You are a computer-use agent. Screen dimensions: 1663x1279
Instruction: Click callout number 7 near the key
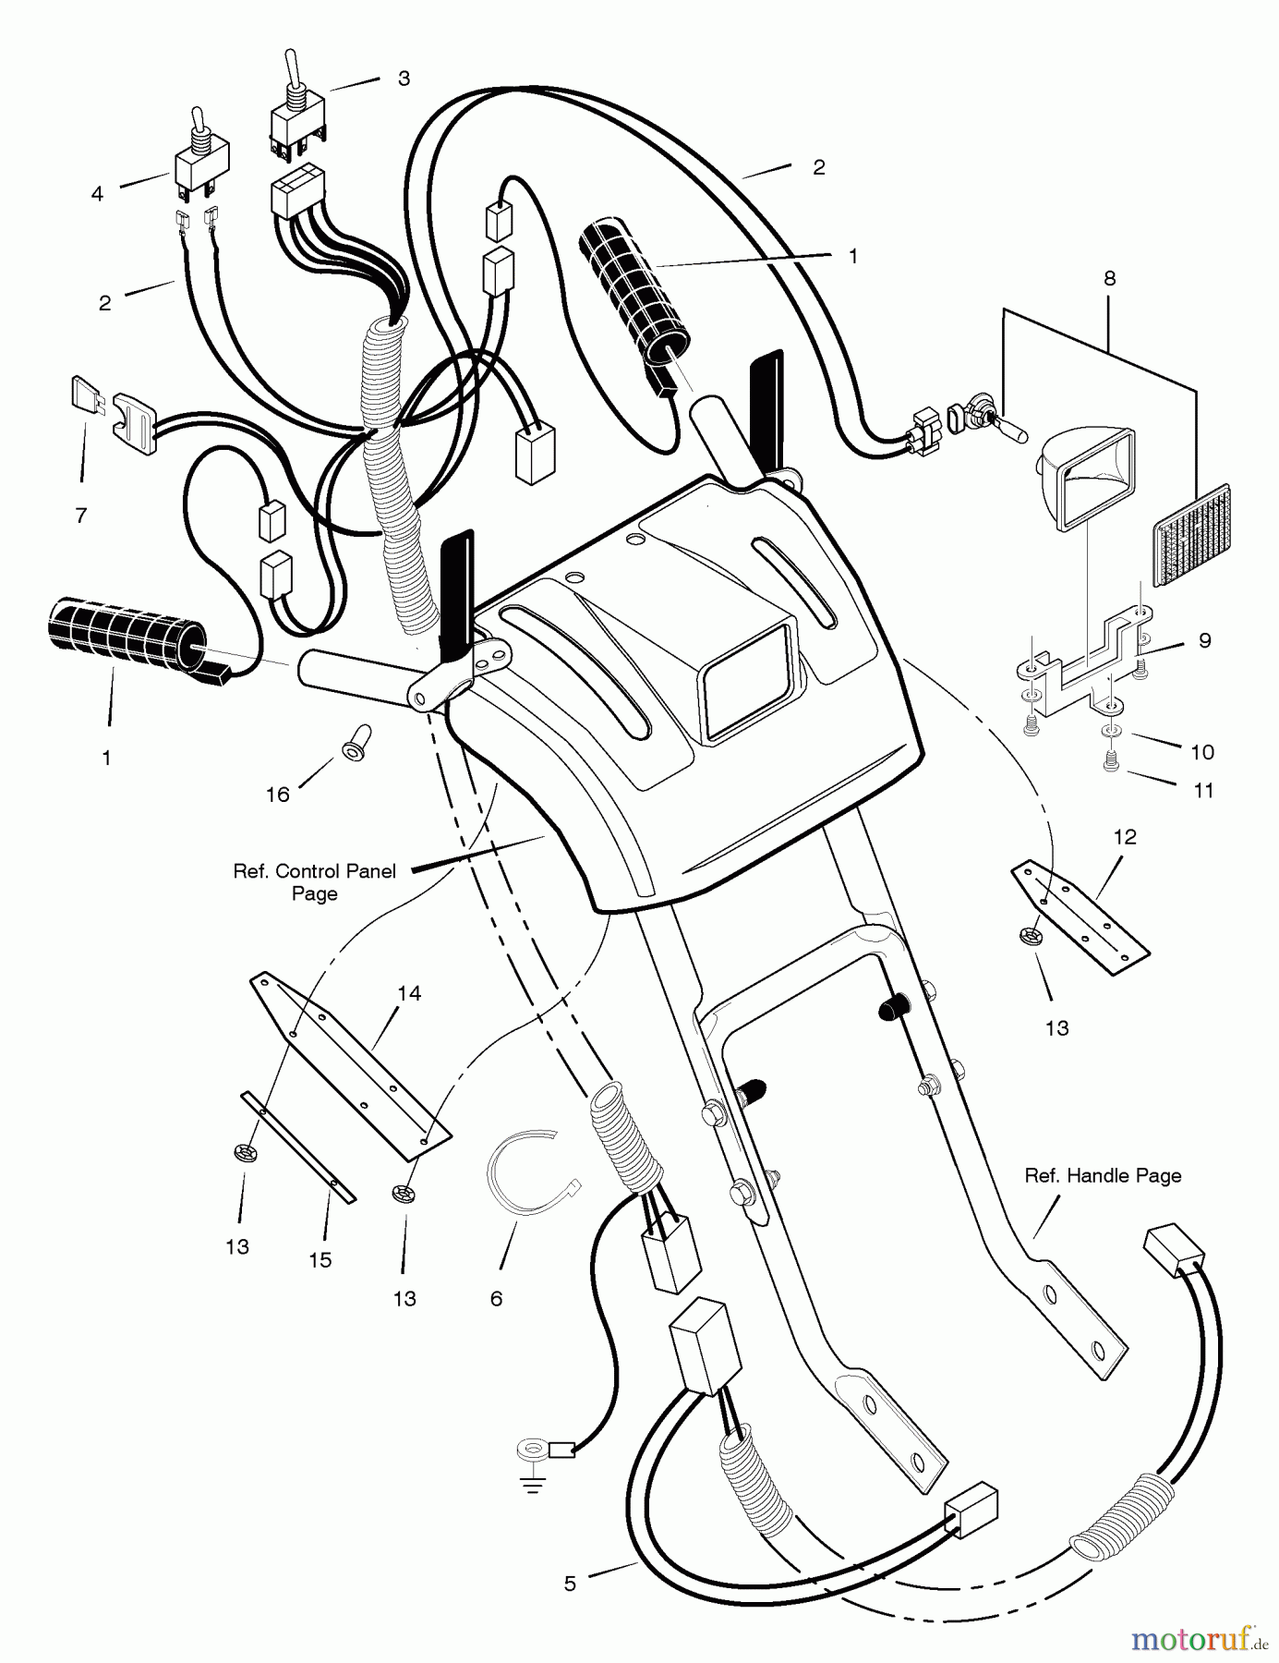(81, 516)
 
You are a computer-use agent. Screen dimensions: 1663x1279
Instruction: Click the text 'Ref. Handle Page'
(1103, 1176)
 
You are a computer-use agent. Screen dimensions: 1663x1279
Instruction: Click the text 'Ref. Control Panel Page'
(314, 882)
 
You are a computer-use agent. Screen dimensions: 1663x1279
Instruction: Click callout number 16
(278, 795)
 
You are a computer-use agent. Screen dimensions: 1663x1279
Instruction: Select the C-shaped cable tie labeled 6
(522, 1170)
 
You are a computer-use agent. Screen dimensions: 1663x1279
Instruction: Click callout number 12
(1125, 837)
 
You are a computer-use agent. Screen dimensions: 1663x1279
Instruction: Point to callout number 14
(409, 993)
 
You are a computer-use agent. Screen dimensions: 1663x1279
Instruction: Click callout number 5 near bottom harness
(570, 1584)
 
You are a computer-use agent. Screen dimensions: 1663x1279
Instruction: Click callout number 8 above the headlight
(1109, 278)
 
